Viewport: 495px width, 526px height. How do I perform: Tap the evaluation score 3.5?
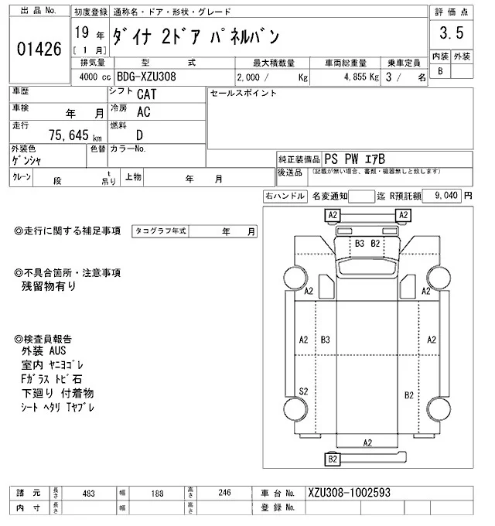click(x=451, y=33)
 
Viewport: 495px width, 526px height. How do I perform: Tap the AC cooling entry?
click(x=143, y=111)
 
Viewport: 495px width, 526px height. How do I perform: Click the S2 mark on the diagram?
click(x=304, y=391)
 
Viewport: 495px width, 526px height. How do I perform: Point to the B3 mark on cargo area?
click(x=326, y=340)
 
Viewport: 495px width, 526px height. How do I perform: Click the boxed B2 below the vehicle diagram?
click(x=333, y=459)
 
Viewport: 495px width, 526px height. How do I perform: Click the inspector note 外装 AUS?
click(x=45, y=351)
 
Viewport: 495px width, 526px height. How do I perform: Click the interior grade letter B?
click(x=440, y=71)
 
